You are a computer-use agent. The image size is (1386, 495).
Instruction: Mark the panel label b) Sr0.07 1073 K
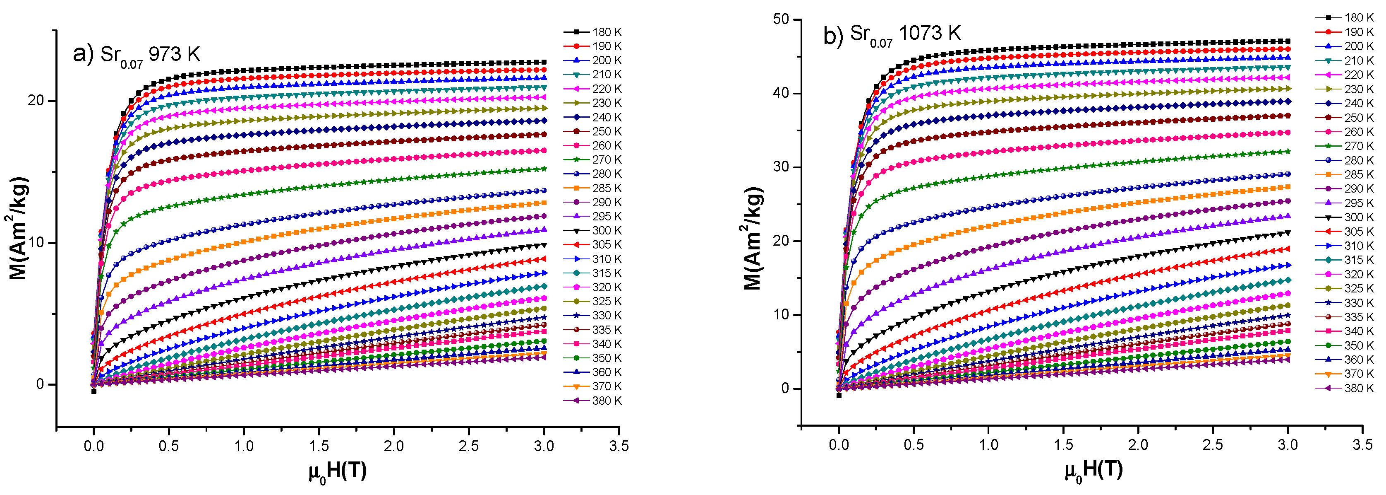pyautogui.click(x=892, y=35)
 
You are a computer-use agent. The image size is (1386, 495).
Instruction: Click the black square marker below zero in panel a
pyautogui.click(x=94, y=391)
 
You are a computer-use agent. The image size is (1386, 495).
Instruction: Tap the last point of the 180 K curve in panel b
pyautogui.click(x=1288, y=41)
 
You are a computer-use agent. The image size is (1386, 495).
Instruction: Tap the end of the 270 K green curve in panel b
pyautogui.click(x=1288, y=152)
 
